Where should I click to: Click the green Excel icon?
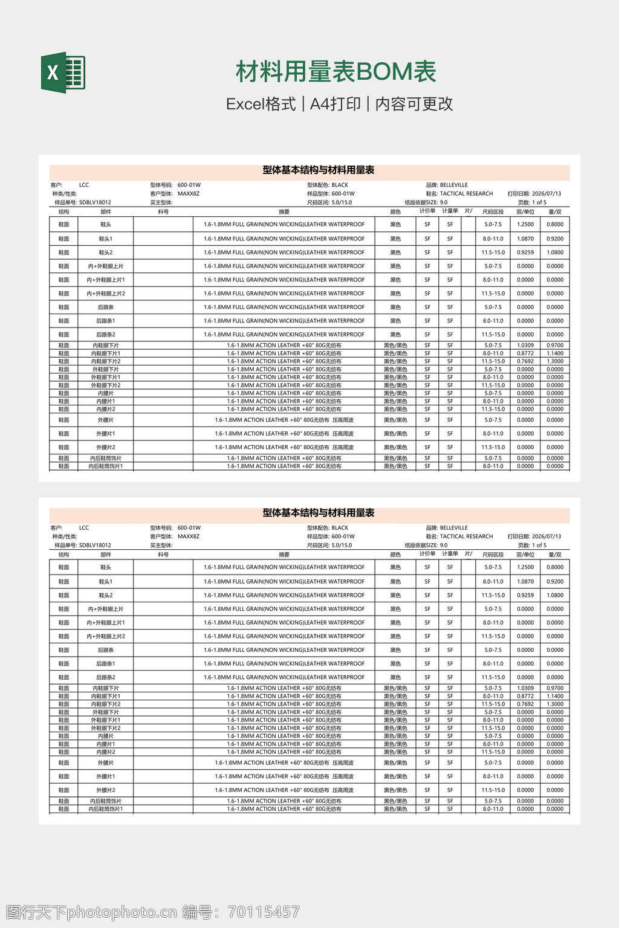pyautogui.click(x=63, y=72)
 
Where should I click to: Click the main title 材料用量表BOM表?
pyautogui.click(x=335, y=71)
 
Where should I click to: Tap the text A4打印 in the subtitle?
pyautogui.click(x=335, y=104)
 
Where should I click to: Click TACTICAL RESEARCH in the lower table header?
pyautogui.click(x=466, y=536)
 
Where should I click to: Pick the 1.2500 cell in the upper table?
pyautogui.click(x=525, y=224)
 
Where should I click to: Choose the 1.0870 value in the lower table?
pyautogui.click(x=525, y=582)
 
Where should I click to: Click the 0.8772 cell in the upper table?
pyautogui.click(x=525, y=353)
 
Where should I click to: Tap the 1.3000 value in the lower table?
pyautogui.click(x=555, y=704)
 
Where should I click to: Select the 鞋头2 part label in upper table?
pyautogui.click(x=106, y=253)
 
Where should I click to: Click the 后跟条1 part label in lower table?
pyautogui.click(x=106, y=664)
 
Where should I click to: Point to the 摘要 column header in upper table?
pyautogui.click(x=284, y=212)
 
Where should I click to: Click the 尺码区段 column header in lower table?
pyautogui.click(x=493, y=555)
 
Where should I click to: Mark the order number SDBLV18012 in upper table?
pyautogui.click(x=95, y=203)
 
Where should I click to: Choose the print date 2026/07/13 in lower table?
pyautogui.click(x=546, y=536)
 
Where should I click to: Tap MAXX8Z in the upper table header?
pyautogui.click(x=188, y=194)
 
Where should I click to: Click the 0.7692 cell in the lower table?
pyautogui.click(x=525, y=704)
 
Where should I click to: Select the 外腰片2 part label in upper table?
pyautogui.click(x=106, y=448)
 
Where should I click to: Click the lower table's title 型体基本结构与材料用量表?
pyautogui.click(x=319, y=513)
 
